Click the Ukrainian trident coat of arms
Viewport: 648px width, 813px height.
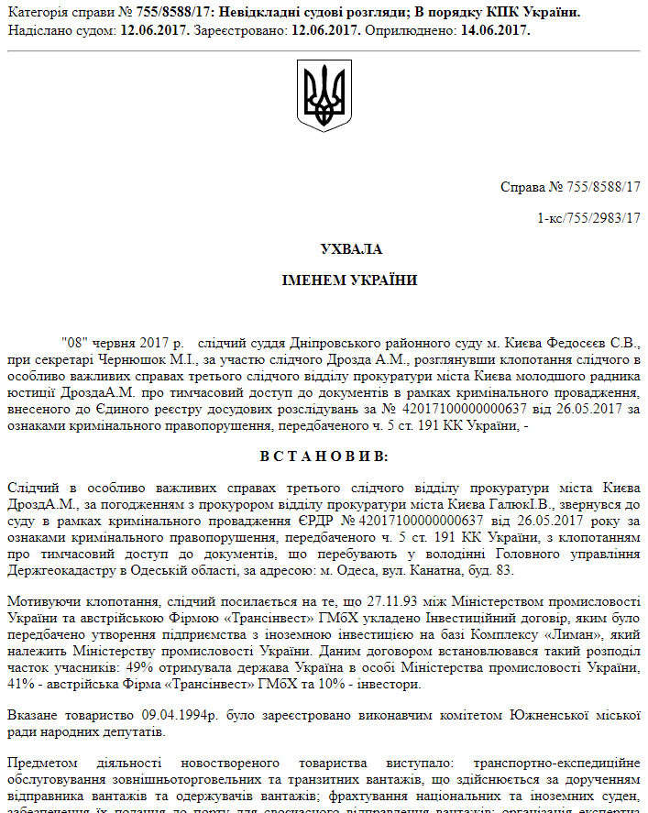pos(324,94)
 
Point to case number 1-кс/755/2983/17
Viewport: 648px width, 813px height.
pos(589,217)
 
